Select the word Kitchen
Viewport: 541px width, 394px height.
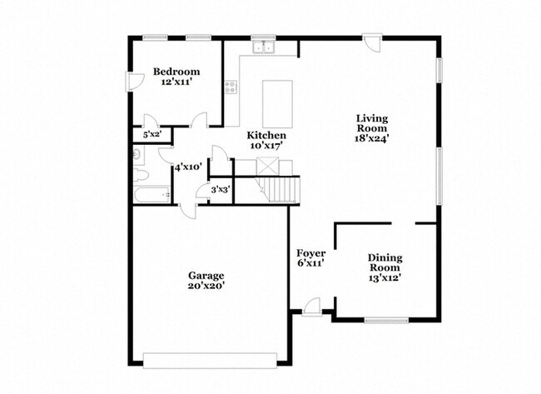[266, 135]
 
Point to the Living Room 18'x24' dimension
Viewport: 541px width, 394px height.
[372, 139]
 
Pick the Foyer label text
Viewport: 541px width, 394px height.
[310, 252]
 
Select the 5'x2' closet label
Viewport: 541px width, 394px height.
[151, 133]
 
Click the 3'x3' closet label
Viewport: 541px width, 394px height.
[220, 190]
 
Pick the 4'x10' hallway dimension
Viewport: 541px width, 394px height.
[186, 167]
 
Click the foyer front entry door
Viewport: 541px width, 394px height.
[311, 309]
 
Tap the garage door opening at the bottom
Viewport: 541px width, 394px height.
[209, 359]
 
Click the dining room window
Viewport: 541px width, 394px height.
[386, 320]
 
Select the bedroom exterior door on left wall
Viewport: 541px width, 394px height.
[130, 81]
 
